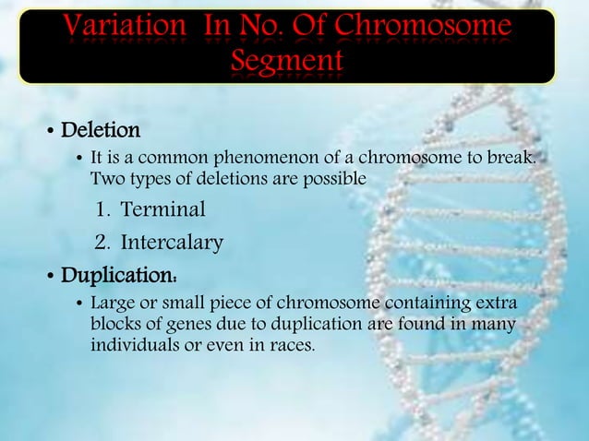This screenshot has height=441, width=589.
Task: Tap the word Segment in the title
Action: click(x=286, y=62)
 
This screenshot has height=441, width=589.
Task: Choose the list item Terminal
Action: click(x=162, y=210)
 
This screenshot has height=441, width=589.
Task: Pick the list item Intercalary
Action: click(x=172, y=244)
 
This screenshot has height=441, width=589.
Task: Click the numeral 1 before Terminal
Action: click(x=102, y=210)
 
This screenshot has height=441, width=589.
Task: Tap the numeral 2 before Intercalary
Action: click(x=102, y=244)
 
